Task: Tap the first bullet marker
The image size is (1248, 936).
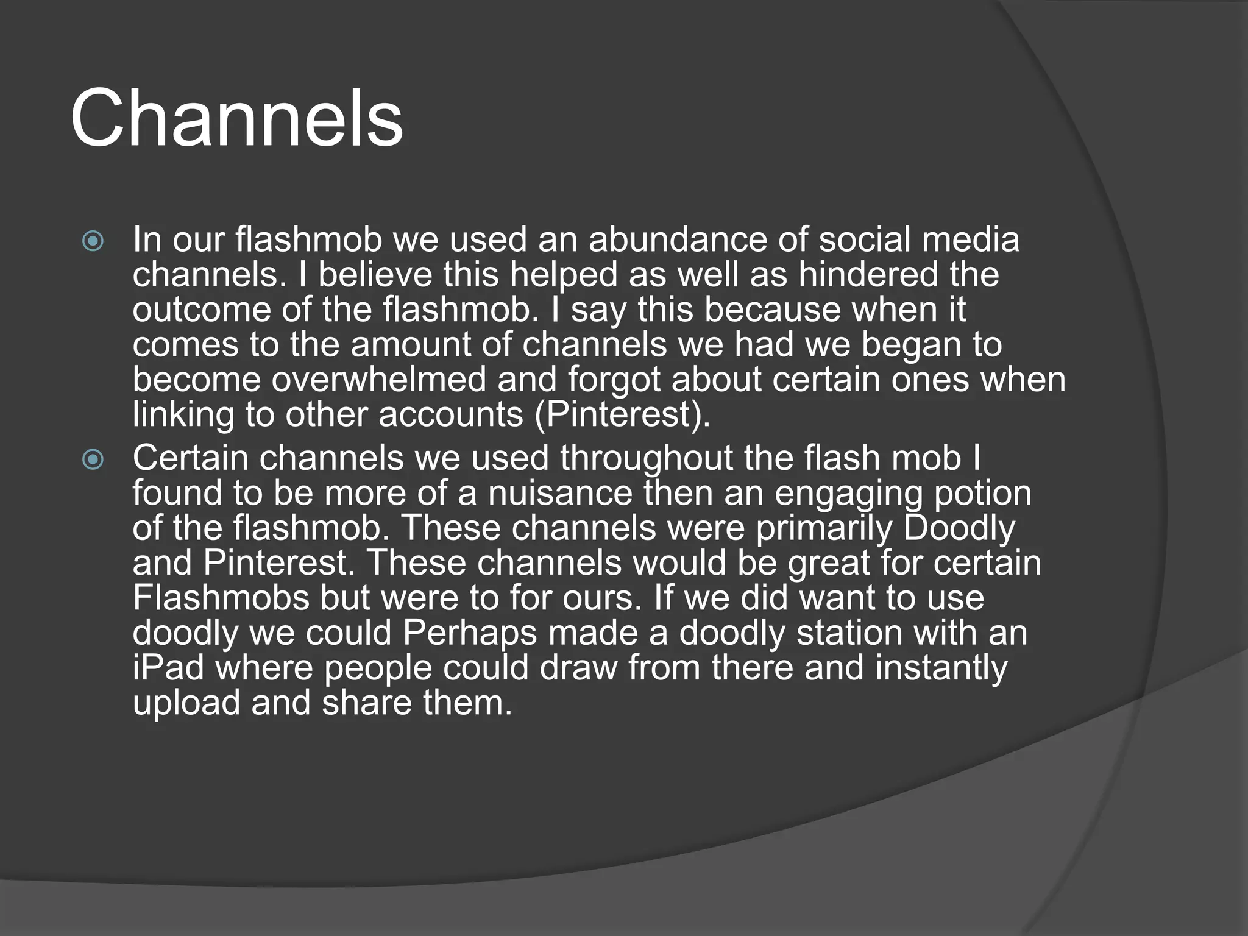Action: click(93, 241)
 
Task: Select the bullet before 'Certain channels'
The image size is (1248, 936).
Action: click(93, 459)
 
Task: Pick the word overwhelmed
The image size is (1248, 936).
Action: click(378, 380)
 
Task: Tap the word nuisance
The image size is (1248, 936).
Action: click(560, 493)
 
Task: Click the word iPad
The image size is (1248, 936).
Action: click(168, 668)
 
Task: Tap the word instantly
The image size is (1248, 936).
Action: click(941, 668)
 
